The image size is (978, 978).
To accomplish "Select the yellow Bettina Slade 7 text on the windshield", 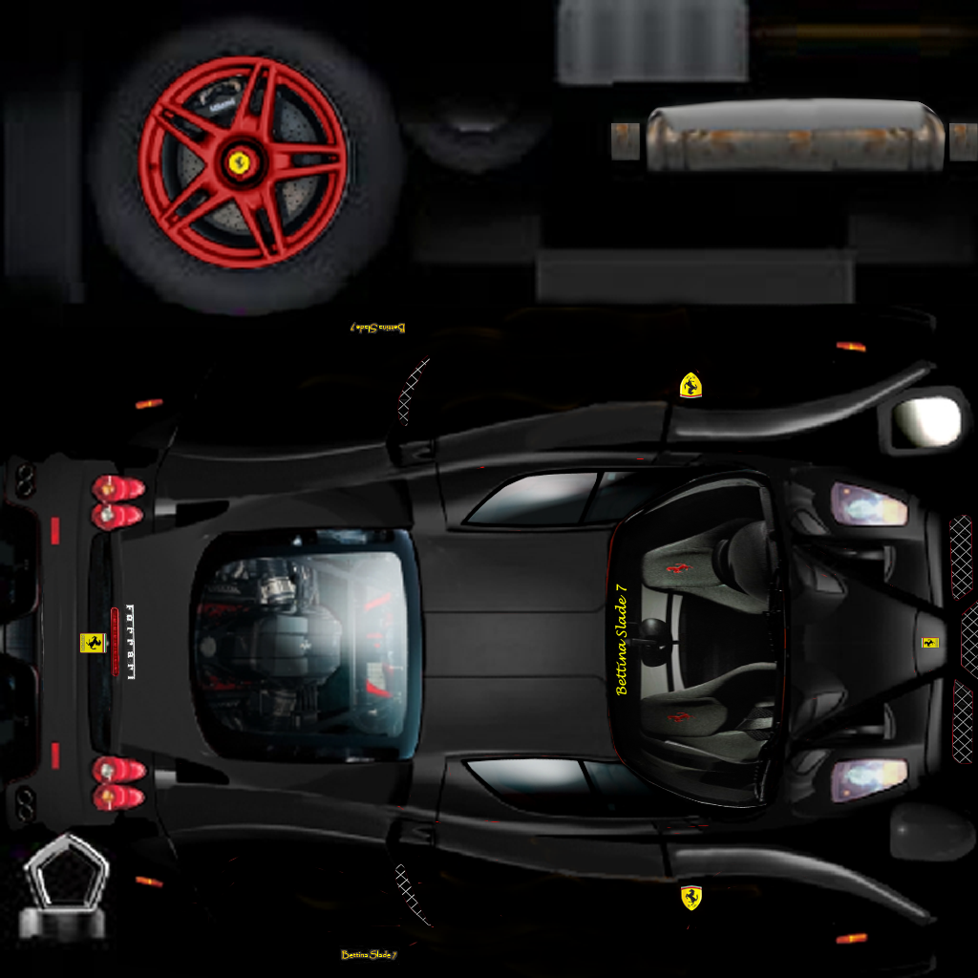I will tap(623, 645).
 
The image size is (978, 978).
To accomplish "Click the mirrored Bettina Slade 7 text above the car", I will tap(377, 328).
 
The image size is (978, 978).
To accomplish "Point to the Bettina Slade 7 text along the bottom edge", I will tap(369, 954).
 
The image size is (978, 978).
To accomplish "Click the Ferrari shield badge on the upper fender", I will tap(691, 385).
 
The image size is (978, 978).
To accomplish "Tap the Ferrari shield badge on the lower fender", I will tap(691, 897).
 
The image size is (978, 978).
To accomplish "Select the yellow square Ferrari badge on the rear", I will tap(91, 643).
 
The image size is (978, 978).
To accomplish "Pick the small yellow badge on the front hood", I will tap(929, 643).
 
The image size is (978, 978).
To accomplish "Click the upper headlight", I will tap(867, 504).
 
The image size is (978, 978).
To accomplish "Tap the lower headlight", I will tap(867, 778).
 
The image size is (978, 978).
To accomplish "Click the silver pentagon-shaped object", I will tap(66, 877).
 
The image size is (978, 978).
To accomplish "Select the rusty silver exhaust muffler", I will tap(794, 138).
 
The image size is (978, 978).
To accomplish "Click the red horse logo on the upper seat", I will tap(677, 568).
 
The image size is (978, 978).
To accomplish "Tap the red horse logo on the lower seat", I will tap(677, 716).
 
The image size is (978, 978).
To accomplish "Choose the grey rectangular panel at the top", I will tap(652, 41).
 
